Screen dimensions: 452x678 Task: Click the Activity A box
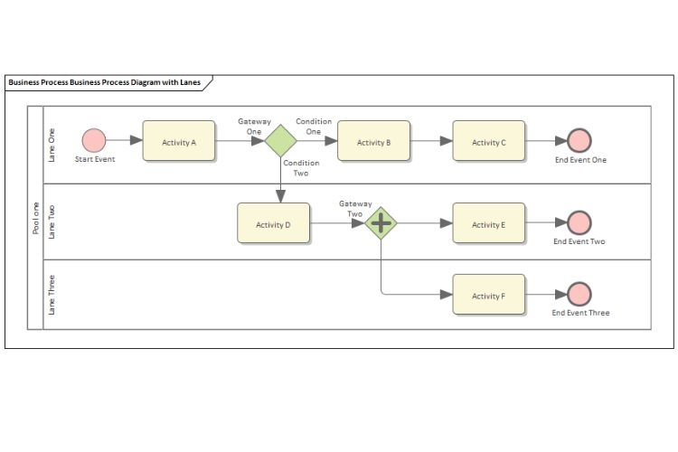(179, 141)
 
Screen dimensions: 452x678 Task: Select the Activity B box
(373, 141)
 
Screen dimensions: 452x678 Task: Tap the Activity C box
(488, 141)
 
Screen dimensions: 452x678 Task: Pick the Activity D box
(273, 223)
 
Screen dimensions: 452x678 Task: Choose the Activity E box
(488, 223)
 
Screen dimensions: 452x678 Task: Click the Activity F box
(488, 295)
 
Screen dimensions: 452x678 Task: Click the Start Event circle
(94, 140)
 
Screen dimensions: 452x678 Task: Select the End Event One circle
(579, 140)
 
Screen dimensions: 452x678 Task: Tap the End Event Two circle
(579, 222)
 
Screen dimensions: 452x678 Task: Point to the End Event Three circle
(579, 294)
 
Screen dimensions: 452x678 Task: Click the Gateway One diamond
(281, 141)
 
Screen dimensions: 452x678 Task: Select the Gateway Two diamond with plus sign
(381, 222)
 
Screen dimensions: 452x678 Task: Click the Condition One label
(314, 126)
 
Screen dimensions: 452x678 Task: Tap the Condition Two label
(300, 168)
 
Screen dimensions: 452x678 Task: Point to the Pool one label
(35, 218)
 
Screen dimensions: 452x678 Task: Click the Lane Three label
(52, 295)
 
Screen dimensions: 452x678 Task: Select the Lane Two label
(52, 221)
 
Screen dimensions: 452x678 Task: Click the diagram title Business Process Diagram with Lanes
(104, 82)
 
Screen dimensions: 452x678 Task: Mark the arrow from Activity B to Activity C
(431, 141)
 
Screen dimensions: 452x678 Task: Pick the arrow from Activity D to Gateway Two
(337, 222)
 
